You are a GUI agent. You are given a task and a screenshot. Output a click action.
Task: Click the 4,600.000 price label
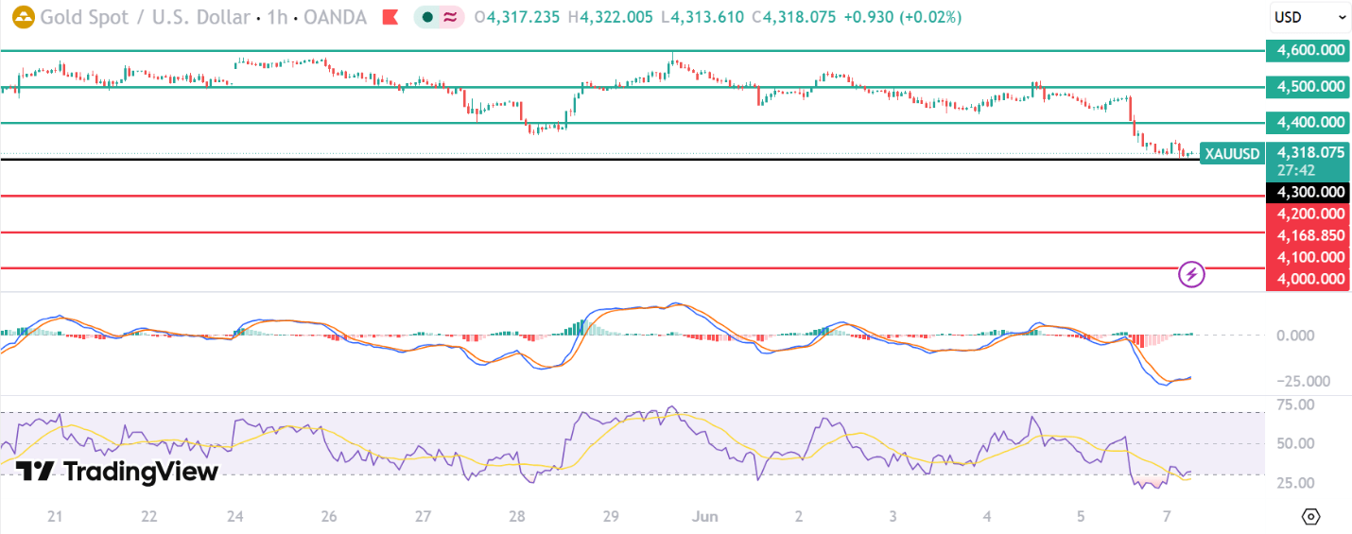click(x=1308, y=50)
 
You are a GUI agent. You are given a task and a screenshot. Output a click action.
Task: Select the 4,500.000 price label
click(x=1308, y=86)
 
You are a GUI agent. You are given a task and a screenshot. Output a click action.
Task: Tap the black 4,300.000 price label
click(x=1308, y=193)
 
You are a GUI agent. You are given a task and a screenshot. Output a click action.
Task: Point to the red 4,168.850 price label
click(x=1308, y=235)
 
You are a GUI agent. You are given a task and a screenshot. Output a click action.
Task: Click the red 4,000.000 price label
click(x=1308, y=279)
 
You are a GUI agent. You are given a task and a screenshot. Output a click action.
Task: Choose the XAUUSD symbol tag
click(x=1232, y=154)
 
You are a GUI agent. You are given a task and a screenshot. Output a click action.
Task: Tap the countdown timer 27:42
click(x=1295, y=170)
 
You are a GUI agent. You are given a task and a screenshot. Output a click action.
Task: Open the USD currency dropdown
click(x=1309, y=17)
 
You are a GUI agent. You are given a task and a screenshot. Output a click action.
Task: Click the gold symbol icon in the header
click(x=24, y=17)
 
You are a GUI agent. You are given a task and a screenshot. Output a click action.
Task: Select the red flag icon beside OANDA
click(x=390, y=17)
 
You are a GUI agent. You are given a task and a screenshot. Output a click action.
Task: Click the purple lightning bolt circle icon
click(x=1191, y=274)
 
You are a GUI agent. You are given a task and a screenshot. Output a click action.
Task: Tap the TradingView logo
click(x=117, y=472)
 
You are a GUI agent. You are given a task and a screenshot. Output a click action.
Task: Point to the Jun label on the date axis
click(x=705, y=516)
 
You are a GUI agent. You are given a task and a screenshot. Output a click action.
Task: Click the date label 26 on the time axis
click(x=329, y=516)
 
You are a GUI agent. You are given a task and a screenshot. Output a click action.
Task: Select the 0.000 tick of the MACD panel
click(x=1295, y=336)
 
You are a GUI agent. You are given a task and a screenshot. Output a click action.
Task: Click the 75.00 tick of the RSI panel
click(x=1295, y=405)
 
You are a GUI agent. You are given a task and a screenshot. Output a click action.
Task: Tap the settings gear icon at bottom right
click(x=1311, y=516)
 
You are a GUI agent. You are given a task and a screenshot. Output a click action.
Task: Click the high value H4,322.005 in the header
click(x=610, y=17)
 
